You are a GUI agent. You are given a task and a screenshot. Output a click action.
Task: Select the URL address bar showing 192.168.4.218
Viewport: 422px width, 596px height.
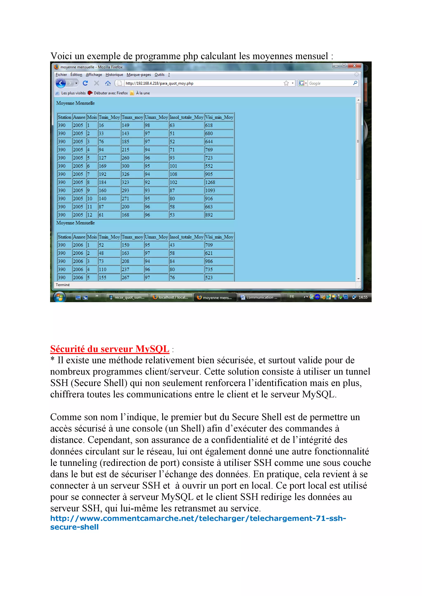[203, 83]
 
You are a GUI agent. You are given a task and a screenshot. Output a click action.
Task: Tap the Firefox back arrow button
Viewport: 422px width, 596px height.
[61, 83]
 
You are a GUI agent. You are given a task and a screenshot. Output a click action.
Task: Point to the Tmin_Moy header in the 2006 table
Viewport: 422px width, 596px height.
[109, 237]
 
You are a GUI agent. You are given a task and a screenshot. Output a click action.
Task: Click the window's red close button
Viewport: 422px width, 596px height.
[354, 66]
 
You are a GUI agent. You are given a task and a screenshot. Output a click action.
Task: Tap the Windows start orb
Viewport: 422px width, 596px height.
[59, 297]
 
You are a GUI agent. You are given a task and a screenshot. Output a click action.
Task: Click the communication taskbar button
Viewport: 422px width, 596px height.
[259, 297]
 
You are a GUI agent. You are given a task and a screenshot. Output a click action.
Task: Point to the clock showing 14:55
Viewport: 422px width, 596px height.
[363, 297]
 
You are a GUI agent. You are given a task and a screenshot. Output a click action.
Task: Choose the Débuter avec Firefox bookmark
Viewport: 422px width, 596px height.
[110, 93]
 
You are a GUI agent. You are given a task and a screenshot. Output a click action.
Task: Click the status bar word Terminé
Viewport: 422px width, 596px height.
[63, 285]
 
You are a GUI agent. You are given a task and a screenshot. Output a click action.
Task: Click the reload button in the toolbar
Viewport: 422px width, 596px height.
[85, 83]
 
